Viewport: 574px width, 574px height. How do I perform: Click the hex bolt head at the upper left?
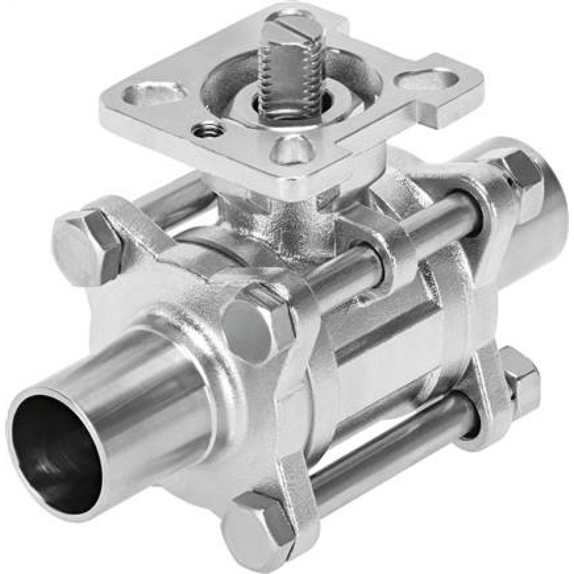tap(86, 247)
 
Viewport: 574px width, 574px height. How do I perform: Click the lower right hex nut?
tap(519, 379)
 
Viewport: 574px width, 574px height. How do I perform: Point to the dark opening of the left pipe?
tap(55, 453)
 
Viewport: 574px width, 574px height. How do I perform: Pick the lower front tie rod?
tap(390, 453)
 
